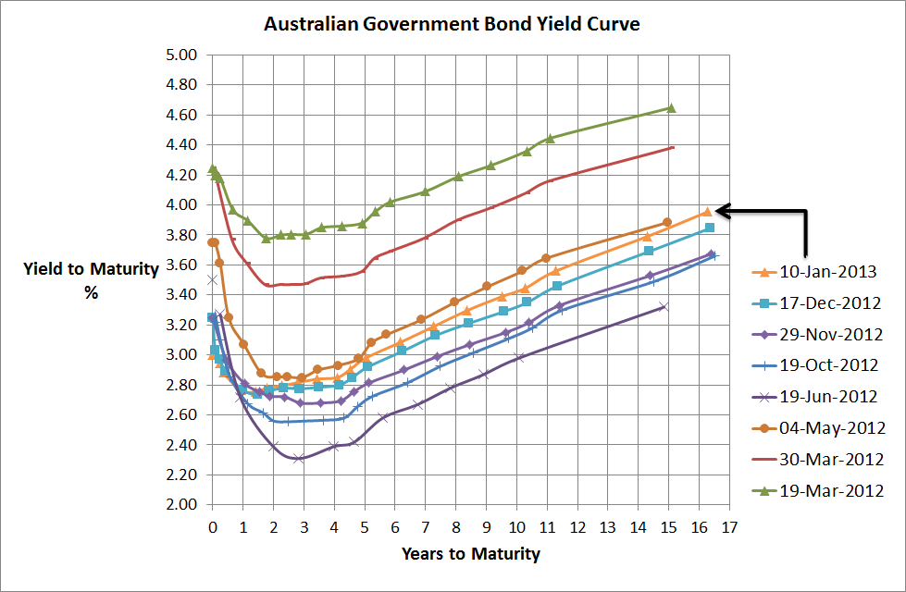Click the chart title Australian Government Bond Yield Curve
coord(452,23)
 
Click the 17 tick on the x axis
coord(729,527)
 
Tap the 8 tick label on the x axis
coord(455,527)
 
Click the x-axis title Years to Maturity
coord(470,555)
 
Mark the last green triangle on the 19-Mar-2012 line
coord(671,108)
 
